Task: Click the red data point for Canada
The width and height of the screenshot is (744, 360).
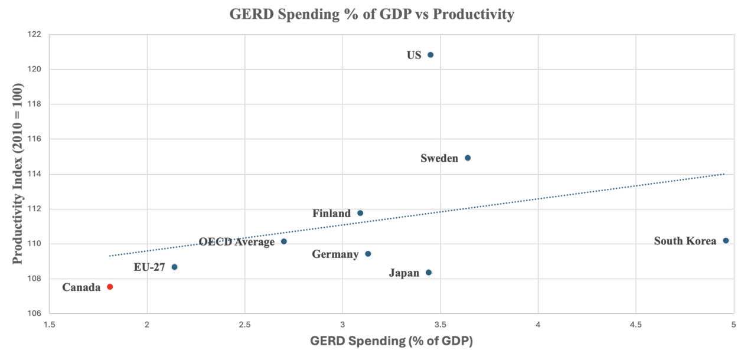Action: (110, 287)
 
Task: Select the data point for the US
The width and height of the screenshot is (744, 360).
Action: (430, 55)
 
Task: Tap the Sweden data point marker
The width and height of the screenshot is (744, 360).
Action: (468, 158)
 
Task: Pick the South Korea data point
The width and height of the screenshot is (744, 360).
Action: (726, 240)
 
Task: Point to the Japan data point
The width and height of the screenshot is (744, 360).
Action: (429, 272)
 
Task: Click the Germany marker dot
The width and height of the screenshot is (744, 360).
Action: (368, 254)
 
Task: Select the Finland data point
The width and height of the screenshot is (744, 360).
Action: (360, 213)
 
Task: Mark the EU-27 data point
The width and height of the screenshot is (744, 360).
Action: (175, 267)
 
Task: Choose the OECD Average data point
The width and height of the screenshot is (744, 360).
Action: (283, 241)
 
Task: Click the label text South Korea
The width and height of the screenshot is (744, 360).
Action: (685, 241)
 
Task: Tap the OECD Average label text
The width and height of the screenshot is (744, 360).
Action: (237, 242)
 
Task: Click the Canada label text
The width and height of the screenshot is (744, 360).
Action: (81, 287)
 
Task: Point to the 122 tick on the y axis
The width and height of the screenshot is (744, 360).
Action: (35, 34)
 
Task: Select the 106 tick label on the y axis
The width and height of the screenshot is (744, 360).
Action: (35, 313)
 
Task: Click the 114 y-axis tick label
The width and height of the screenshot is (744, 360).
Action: (35, 174)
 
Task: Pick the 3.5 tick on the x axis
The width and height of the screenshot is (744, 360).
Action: (440, 325)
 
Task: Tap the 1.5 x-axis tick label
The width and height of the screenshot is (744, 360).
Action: (50, 325)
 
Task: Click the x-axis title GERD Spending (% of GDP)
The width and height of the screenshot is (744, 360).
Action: (391, 341)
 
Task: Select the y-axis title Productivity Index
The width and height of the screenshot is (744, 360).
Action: (17, 174)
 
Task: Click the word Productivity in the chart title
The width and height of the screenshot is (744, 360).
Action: (474, 14)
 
